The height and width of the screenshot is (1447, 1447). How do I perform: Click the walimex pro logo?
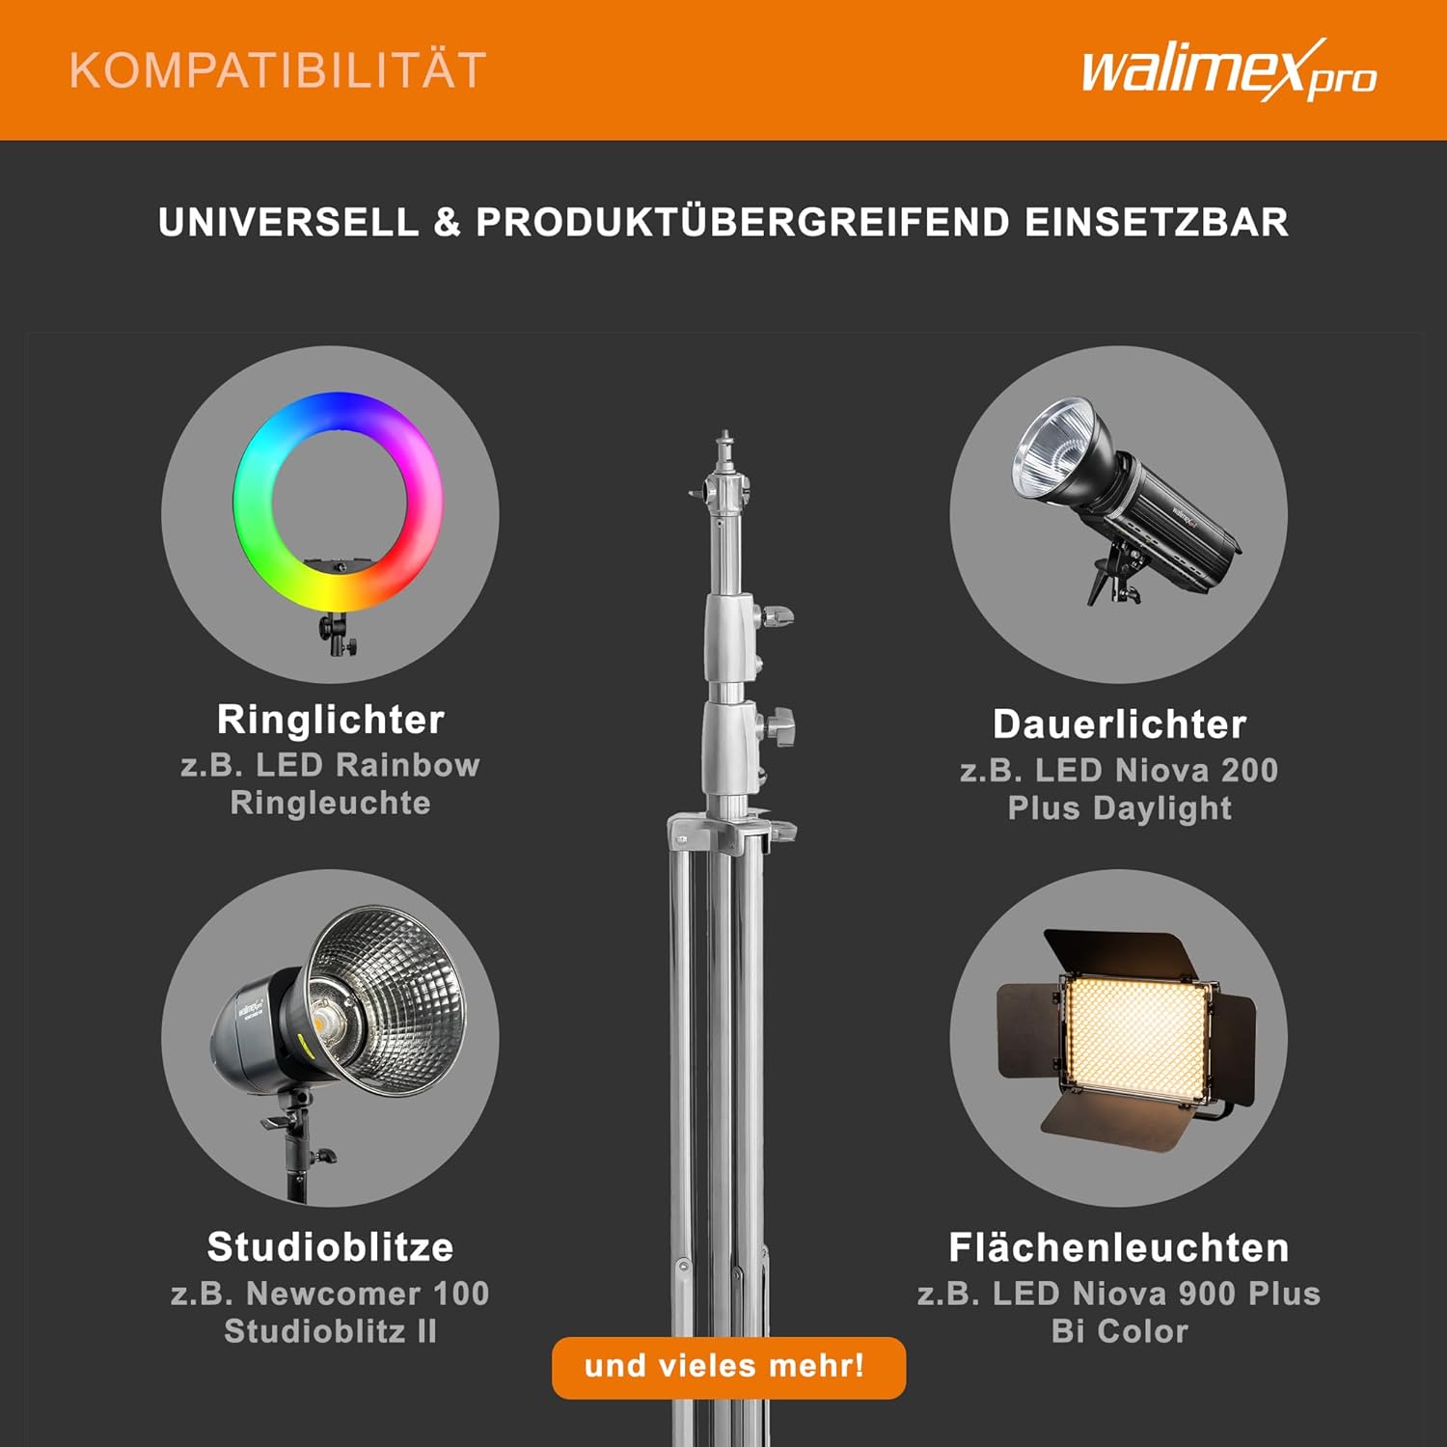point(1229,70)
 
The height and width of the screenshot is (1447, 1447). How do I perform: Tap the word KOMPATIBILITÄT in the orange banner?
point(278,70)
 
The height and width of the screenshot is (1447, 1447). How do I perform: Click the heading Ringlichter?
point(331,720)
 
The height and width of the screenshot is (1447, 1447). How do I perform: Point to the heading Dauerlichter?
point(1119,724)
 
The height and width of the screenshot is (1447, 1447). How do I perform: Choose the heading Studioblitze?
point(330,1247)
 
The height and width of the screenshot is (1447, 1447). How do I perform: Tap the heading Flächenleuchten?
point(1119,1247)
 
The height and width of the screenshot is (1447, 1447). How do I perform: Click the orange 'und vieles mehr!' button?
point(728,1367)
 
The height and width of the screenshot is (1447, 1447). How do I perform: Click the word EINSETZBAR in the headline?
point(1157,222)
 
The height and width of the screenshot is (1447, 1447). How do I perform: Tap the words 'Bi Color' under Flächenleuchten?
point(1119,1331)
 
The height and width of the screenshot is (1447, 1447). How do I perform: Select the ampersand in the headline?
point(448,222)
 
